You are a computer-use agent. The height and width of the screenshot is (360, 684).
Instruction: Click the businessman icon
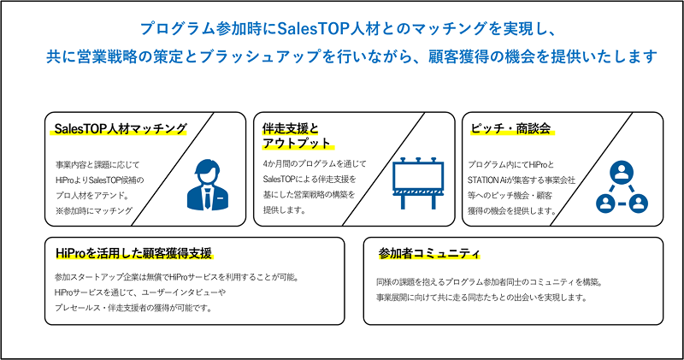point(208,185)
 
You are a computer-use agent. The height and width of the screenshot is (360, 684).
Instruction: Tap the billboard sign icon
point(418,183)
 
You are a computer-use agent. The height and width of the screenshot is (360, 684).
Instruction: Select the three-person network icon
point(622,187)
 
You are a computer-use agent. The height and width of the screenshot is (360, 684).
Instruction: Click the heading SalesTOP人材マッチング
point(121,129)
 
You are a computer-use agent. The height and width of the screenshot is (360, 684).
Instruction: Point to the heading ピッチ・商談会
point(510,128)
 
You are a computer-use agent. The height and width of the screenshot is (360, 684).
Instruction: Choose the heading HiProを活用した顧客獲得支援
point(134,253)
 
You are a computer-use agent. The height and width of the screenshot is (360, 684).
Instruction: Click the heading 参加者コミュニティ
point(429,253)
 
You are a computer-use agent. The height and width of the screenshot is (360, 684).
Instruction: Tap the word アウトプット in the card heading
point(297,144)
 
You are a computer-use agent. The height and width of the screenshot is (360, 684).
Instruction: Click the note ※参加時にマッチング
point(94,210)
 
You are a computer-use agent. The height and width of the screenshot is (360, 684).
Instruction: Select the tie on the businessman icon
point(208,198)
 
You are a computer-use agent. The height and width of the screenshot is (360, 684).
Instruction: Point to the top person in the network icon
point(622,171)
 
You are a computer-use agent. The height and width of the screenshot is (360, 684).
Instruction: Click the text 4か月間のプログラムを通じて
point(315,163)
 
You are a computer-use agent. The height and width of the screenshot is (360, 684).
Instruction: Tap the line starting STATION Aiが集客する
point(522,180)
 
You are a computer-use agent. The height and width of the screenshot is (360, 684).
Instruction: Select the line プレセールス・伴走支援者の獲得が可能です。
point(134,308)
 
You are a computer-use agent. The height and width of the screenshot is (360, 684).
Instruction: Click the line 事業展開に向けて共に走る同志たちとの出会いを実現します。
point(481,298)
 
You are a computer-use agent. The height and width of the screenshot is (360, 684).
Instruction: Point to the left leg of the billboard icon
point(403,202)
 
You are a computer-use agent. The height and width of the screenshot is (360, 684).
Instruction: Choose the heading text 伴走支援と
point(291,129)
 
